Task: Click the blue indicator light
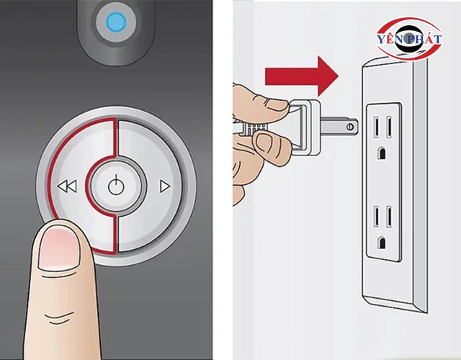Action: pyautogui.click(x=115, y=23)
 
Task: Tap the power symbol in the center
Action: pyautogui.click(x=116, y=187)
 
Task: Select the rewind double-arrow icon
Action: pyautogui.click(x=67, y=187)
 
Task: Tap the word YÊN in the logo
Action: pyautogui.click(x=393, y=41)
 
